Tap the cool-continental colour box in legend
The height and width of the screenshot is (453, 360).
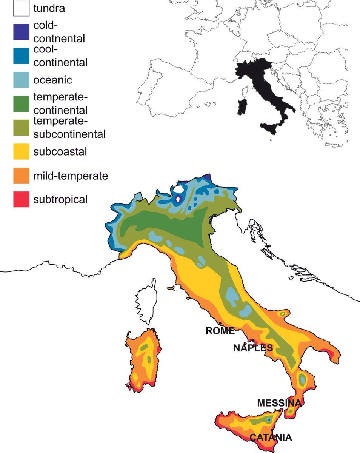21,56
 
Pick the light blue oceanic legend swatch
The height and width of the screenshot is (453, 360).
21,80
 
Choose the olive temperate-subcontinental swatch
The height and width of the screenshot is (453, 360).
21,127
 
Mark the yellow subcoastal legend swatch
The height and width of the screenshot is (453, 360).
21,151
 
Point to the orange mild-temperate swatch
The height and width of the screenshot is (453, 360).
21,176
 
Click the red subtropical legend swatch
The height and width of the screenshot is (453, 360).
21,199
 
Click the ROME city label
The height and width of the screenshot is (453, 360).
220,331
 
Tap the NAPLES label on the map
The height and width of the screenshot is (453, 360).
253,348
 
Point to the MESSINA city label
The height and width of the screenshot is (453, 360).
279,403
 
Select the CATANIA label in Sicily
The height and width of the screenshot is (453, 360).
270,438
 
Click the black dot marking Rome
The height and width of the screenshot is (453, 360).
220,323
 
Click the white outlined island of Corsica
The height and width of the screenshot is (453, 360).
147,302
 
